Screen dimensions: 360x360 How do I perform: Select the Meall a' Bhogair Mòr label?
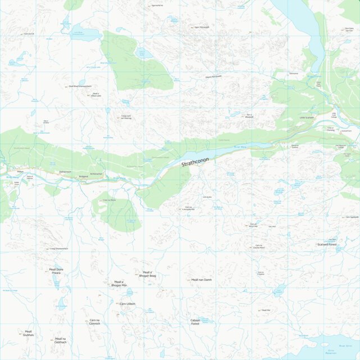point(119,284)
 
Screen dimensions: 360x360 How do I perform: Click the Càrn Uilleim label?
point(127,304)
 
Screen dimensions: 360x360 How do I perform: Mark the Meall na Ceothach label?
point(60,340)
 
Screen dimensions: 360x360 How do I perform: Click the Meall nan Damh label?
point(201,280)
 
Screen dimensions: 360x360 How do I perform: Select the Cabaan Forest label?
point(195,322)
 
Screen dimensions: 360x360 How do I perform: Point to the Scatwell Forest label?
point(326,244)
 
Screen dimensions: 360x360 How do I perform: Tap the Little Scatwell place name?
point(307,117)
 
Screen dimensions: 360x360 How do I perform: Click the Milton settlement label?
point(21,171)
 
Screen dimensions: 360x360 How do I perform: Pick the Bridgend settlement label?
point(84,176)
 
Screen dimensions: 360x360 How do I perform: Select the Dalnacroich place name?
point(65,171)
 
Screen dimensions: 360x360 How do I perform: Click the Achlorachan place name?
point(97,174)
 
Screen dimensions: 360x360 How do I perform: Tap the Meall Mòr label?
point(265,310)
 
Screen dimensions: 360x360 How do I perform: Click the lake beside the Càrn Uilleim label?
point(129,293)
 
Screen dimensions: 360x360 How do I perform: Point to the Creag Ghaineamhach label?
point(59,248)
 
